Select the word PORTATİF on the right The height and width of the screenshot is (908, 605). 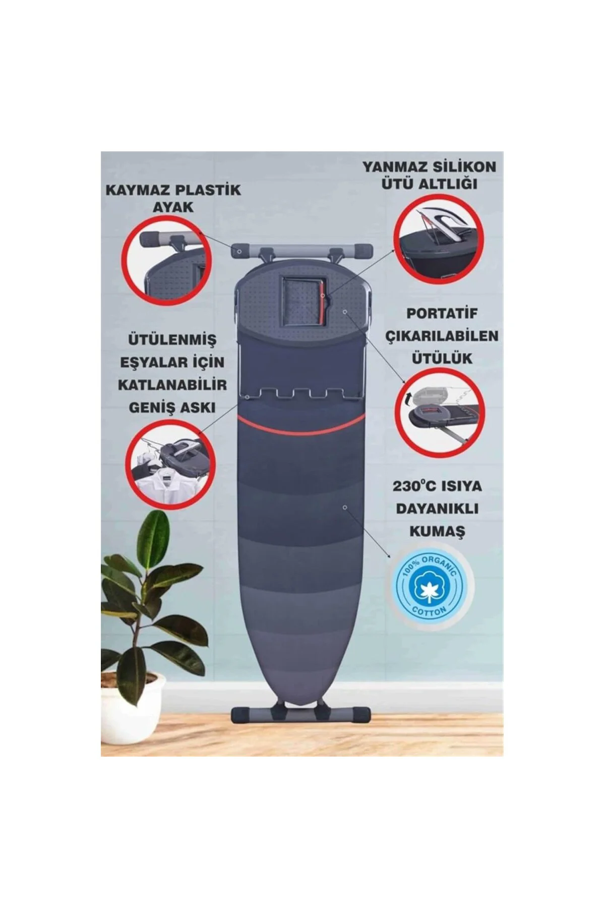[x=442, y=313]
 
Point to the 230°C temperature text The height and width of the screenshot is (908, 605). [x=418, y=486]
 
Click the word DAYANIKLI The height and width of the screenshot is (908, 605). [x=437, y=509]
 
